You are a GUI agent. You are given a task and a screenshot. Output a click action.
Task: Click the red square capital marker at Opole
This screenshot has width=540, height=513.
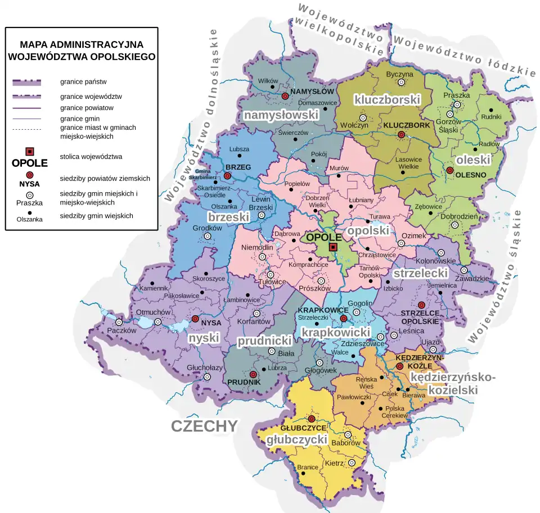(x=333, y=247)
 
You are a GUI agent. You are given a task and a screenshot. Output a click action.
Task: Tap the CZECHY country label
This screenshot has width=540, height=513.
(x=205, y=426)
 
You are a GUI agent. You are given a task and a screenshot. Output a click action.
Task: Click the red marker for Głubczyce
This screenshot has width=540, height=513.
(x=311, y=419)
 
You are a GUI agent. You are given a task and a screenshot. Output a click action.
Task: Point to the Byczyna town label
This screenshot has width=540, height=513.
(x=400, y=74)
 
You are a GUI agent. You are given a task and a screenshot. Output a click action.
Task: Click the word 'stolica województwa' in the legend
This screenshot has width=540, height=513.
(x=91, y=156)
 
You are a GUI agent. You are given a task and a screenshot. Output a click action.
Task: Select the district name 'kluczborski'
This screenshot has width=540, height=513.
(x=387, y=99)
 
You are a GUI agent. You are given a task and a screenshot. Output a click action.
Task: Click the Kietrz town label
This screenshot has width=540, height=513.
(x=334, y=464)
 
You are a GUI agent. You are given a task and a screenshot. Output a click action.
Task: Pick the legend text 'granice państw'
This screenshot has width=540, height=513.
(x=79, y=82)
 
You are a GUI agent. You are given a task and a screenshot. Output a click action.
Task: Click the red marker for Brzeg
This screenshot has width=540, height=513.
(x=227, y=176)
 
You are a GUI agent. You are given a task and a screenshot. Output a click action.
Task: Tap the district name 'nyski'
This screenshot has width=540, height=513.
(x=202, y=338)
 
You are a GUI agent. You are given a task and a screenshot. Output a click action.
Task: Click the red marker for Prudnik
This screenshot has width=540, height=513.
(x=253, y=374)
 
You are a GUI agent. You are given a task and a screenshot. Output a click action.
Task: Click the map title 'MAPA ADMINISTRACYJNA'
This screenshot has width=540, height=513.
(x=82, y=44)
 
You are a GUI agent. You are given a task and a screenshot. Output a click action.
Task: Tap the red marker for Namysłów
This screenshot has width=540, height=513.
(x=285, y=97)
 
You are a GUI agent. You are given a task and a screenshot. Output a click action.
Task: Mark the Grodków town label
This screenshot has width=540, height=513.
(x=208, y=228)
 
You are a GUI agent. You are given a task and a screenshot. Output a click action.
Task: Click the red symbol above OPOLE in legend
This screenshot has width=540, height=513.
(x=30, y=152)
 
